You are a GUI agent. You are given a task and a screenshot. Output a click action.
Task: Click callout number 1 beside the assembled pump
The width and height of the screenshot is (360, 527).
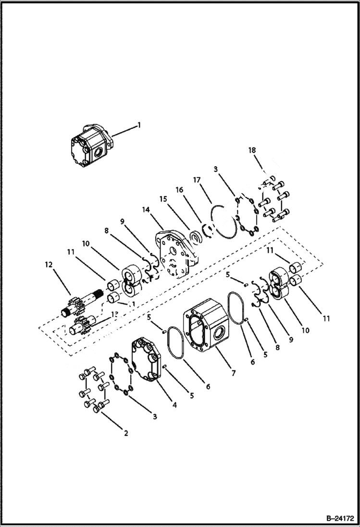point(139,125)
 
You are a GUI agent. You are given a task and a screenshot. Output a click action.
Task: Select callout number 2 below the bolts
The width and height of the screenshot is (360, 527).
point(126,433)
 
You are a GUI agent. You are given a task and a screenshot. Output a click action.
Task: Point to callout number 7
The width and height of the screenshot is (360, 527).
point(233,373)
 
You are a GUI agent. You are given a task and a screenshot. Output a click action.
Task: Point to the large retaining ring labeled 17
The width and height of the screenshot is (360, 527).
point(223,221)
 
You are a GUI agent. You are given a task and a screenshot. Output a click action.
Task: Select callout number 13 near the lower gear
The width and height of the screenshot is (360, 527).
point(114,314)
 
